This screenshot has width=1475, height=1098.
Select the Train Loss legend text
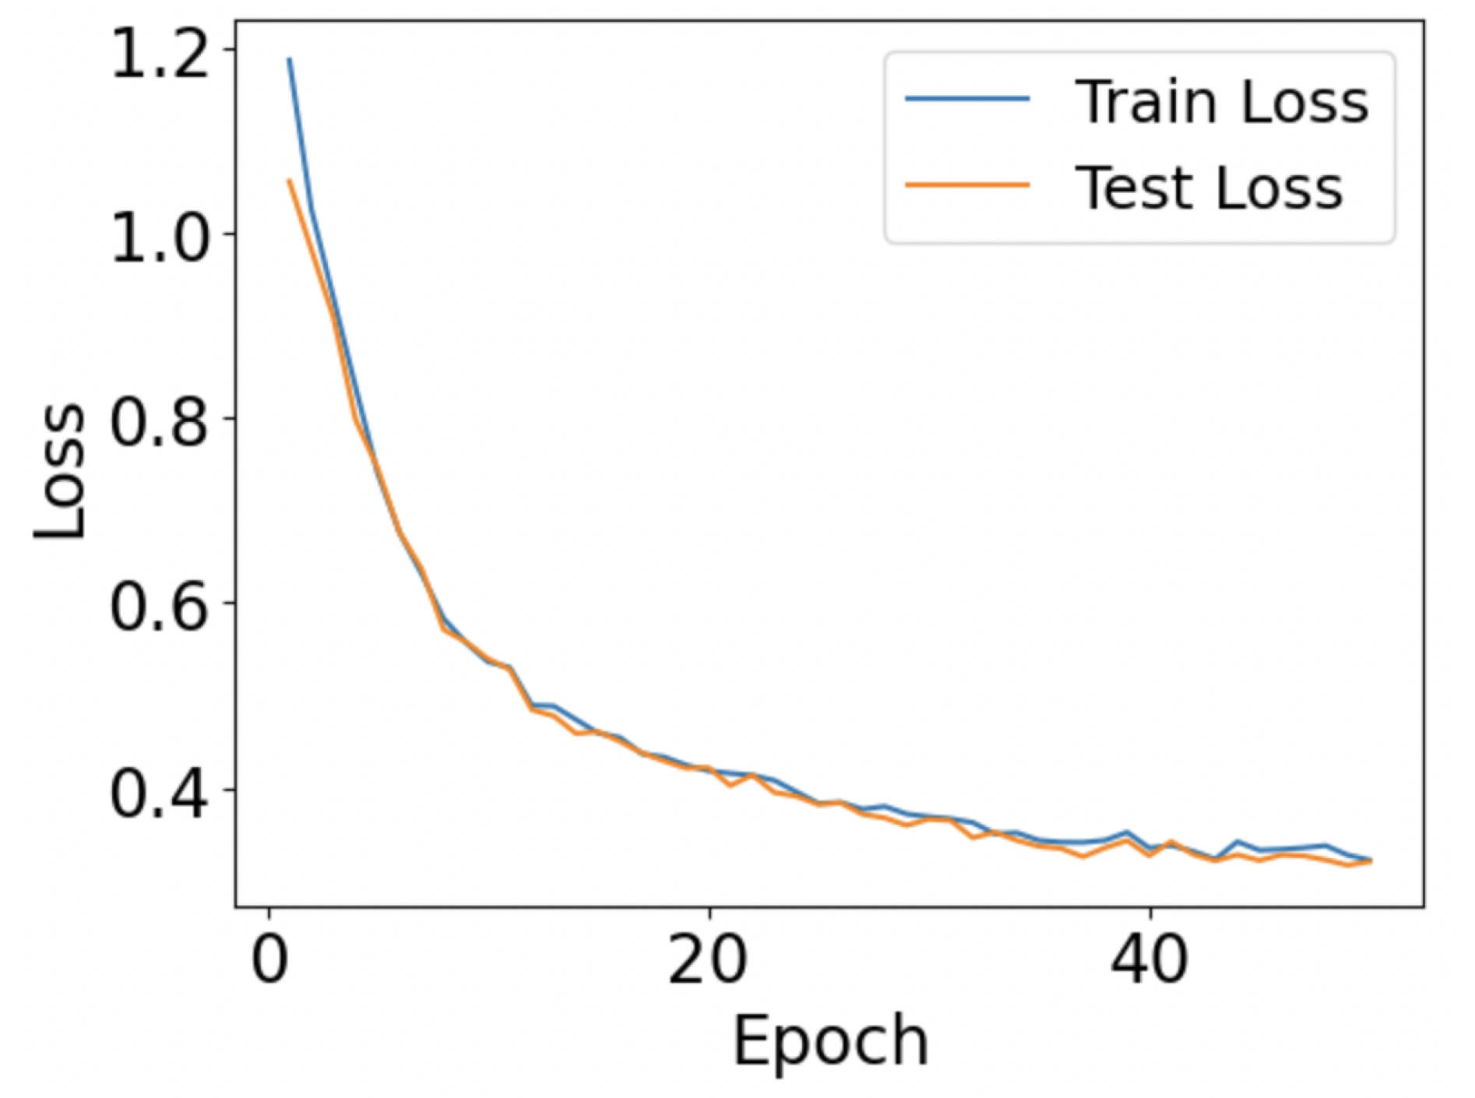click(1221, 102)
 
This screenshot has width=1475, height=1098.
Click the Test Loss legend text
click(1209, 188)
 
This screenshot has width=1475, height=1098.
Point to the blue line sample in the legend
click(967, 99)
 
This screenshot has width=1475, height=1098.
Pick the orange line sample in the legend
click(967, 185)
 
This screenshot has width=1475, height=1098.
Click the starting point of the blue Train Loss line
click(289, 58)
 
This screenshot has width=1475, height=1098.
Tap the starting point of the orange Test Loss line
click(289, 180)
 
